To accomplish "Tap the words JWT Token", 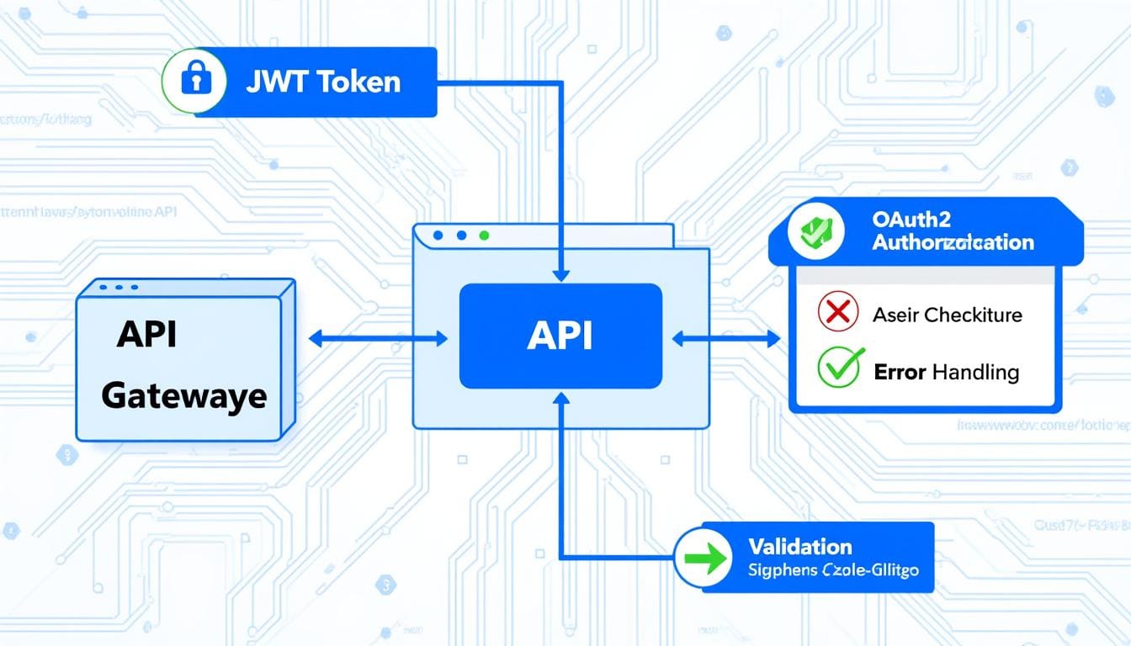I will tap(323, 82).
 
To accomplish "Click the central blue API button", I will tap(560, 336).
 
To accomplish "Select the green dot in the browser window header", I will tap(483, 236).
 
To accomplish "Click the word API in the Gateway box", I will tap(146, 334).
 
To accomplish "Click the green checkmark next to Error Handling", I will tap(839, 369).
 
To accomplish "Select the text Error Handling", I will tap(946, 372).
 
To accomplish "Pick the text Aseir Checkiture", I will tap(947, 315).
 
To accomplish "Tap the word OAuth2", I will tap(912, 220).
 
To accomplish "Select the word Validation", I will tap(799, 547).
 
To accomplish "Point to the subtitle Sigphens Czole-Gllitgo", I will tap(832, 570).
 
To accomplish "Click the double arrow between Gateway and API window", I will tap(378, 339).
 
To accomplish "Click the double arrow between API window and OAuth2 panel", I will tap(727, 339).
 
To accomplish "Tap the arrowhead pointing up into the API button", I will tap(561, 397).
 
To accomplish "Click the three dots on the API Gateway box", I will tap(119, 288).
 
